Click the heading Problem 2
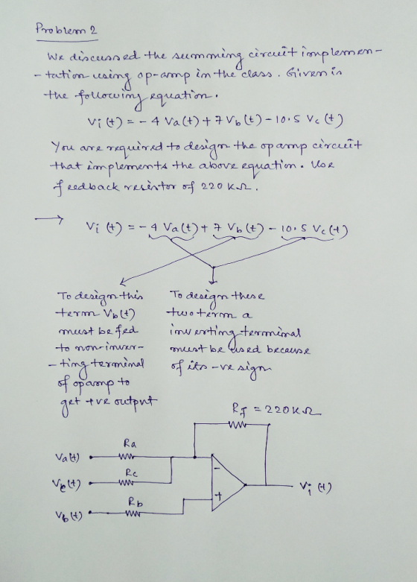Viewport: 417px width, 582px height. click(x=66, y=29)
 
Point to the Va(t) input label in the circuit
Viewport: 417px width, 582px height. click(x=67, y=457)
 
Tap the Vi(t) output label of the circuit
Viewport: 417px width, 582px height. click(x=316, y=486)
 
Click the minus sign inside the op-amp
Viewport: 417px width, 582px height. click(x=218, y=469)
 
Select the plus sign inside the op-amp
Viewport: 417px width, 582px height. click(x=219, y=496)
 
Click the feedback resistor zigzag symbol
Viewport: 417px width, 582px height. click(x=237, y=424)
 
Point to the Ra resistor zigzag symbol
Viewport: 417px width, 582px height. click(x=127, y=456)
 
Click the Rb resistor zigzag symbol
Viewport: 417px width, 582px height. click(x=133, y=513)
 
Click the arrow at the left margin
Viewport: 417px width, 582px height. click(x=49, y=218)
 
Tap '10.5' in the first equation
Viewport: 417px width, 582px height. click(x=290, y=120)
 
